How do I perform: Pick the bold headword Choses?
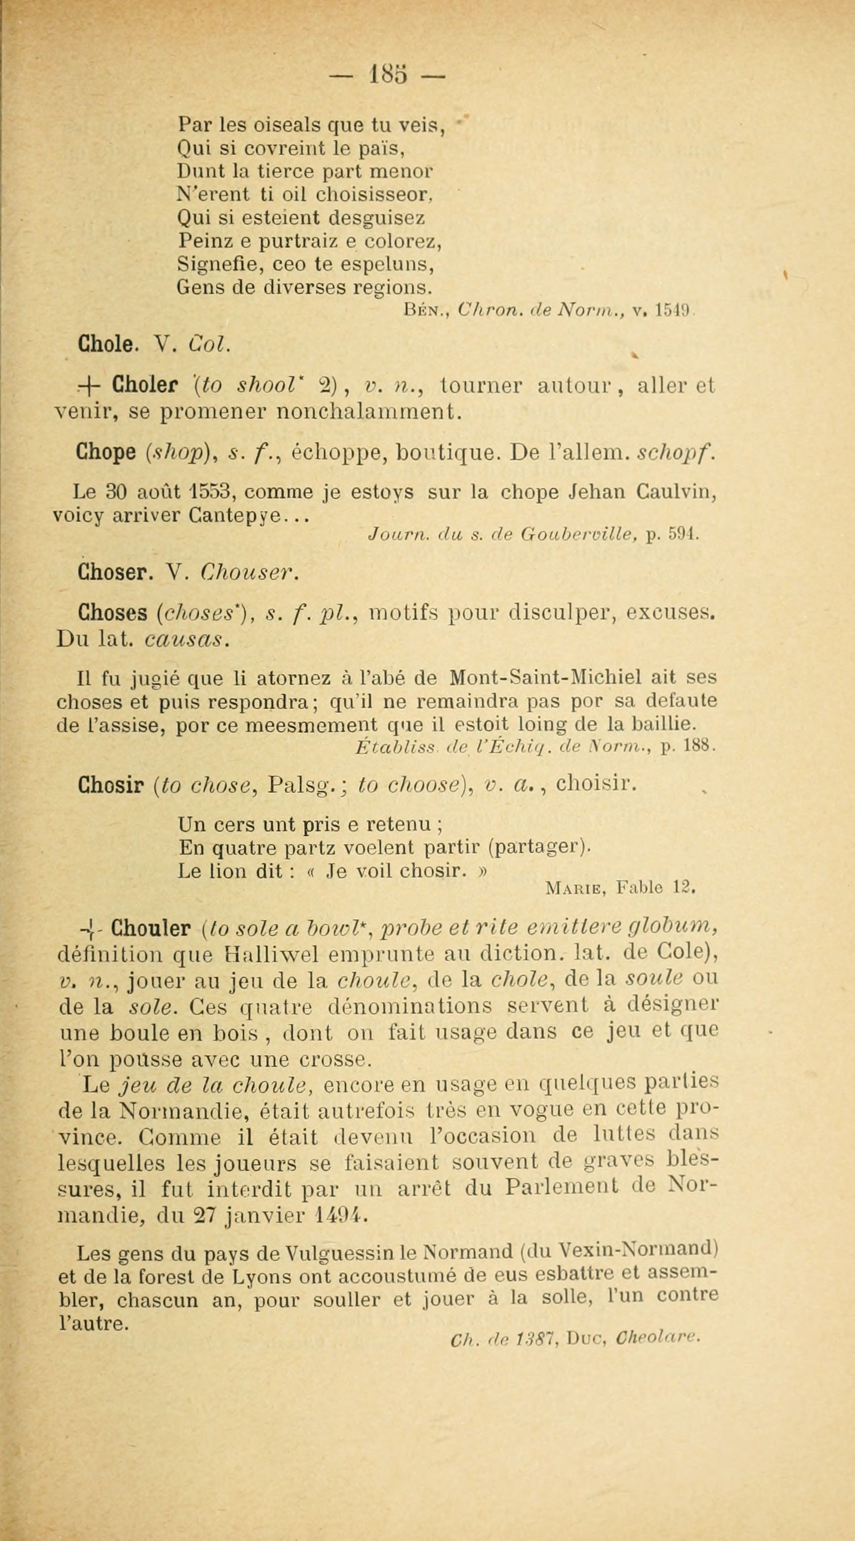(113, 614)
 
